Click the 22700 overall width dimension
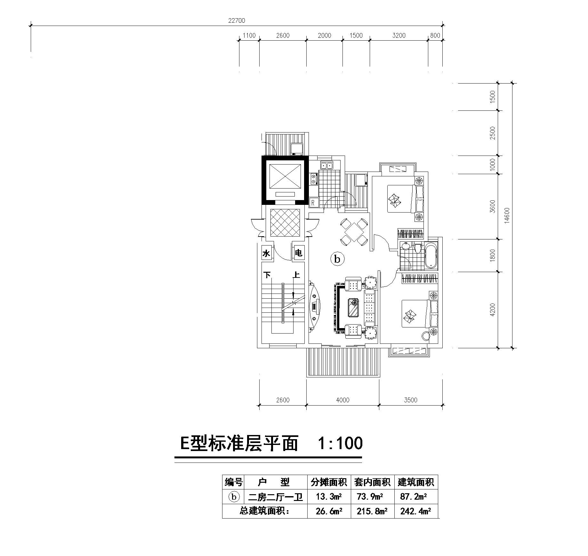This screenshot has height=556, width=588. click(237, 20)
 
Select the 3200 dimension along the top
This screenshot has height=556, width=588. click(399, 36)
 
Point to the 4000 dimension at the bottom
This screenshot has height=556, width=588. click(343, 400)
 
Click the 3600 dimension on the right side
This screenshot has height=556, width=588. click(493, 206)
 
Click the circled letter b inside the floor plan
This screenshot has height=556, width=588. click(337, 259)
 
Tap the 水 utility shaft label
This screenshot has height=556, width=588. click(266, 254)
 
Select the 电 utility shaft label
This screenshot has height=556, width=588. click(298, 253)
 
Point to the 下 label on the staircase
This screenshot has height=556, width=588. click(267, 275)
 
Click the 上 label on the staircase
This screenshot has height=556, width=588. click(297, 275)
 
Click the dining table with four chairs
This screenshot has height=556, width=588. click(354, 232)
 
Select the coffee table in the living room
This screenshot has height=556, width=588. click(354, 307)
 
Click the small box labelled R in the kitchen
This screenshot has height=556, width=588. click(314, 203)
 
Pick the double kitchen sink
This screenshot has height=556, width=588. click(326, 165)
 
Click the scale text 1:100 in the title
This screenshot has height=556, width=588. click(340, 443)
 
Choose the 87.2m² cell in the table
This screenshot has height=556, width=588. click(414, 497)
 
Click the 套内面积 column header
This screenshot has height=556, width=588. click(372, 482)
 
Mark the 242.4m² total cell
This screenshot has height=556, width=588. click(415, 512)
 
